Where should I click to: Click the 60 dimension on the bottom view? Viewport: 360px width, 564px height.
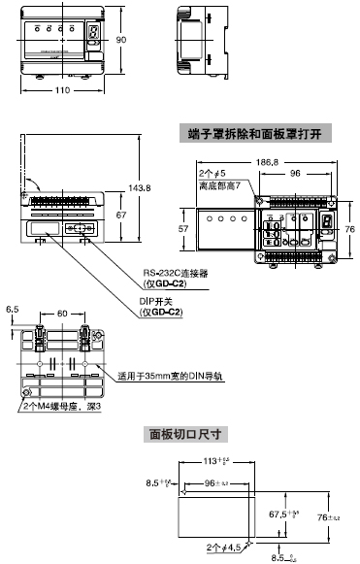(x=62, y=314)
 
